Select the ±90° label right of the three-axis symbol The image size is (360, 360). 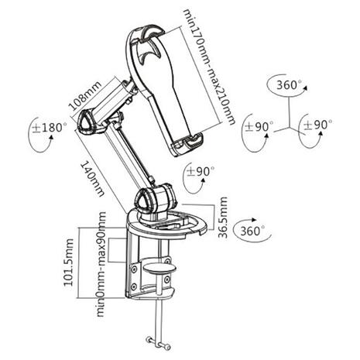tap(318, 125)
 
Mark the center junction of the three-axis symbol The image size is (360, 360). tap(287, 126)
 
